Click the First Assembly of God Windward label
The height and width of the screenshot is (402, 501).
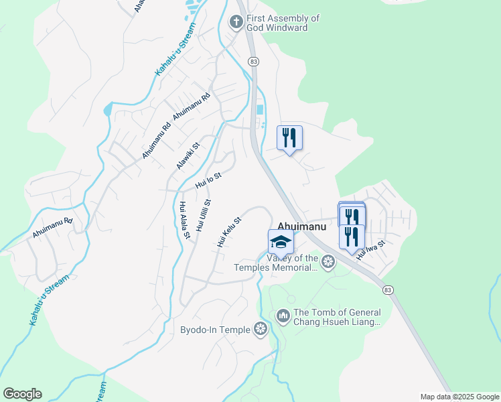(283, 23)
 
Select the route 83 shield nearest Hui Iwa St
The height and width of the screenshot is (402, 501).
(388, 289)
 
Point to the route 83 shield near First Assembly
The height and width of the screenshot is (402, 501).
(253, 61)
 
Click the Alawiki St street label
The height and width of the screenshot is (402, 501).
(188, 155)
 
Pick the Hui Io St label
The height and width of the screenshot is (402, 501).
(208, 179)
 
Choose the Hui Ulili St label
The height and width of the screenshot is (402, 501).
(204, 215)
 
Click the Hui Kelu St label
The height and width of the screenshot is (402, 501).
(229, 232)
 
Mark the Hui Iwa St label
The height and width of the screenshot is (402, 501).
(371, 250)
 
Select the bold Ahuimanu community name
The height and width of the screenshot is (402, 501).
(301, 227)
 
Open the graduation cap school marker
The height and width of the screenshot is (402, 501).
(281, 242)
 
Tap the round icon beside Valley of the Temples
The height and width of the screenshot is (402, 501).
(328, 261)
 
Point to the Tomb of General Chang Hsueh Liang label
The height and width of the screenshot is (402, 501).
(337, 317)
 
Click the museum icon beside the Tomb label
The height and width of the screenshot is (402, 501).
(283, 315)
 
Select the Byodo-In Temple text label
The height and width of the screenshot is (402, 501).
(215, 329)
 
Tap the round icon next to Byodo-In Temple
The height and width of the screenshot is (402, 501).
(261, 328)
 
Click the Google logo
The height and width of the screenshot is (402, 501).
(22, 394)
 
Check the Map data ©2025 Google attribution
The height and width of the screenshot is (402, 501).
(459, 397)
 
